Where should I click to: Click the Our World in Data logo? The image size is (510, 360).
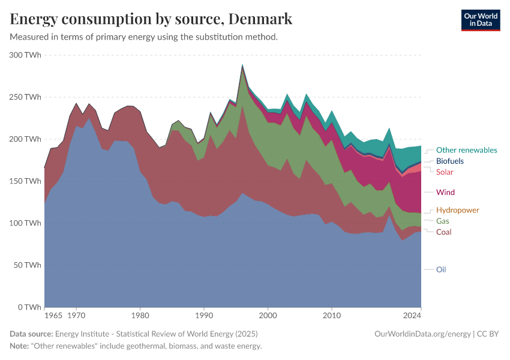coord(480,20)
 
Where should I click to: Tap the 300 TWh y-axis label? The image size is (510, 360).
coord(25,55)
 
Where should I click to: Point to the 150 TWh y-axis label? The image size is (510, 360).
coord(25,181)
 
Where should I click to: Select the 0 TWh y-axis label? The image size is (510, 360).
coord(29,307)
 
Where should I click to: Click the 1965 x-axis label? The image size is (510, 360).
coord(53,314)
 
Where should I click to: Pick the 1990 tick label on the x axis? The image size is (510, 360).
coord(204,314)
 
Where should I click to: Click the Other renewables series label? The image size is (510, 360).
coord(466,150)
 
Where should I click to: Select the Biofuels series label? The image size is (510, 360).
coord(449,161)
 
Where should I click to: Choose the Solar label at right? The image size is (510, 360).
coord(445,172)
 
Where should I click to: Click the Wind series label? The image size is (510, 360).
coord(445,193)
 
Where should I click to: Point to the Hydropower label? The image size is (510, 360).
coord(457,210)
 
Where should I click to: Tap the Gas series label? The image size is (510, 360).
coord(442,221)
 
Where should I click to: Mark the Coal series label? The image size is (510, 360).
coord(443,232)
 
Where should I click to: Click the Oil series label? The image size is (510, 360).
coord(441,269)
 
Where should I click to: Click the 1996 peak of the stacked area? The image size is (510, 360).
coord(242,65)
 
